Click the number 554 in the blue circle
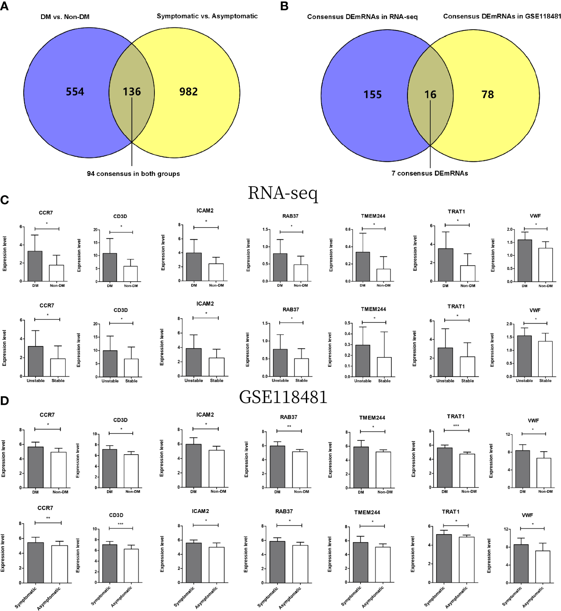pos(75,92)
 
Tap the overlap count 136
pos(132,92)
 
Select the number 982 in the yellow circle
pos(188,92)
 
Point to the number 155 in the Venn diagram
pos(372,95)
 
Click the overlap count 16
pos(430,95)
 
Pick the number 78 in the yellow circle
pos(487,95)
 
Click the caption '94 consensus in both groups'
pos(133,174)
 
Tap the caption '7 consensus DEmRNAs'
pos(429,173)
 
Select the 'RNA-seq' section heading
pos(283,193)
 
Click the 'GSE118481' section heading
pos(283,397)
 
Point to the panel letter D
pos(5,401)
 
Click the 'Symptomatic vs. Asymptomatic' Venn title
pos(207,16)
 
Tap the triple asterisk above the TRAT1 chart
pos(456,426)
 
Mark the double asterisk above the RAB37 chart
pos(289,427)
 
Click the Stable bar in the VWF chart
pos(545,359)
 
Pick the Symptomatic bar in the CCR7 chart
pos(36,562)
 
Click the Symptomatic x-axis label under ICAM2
pos(183,596)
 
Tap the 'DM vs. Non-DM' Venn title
pos(65,17)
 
